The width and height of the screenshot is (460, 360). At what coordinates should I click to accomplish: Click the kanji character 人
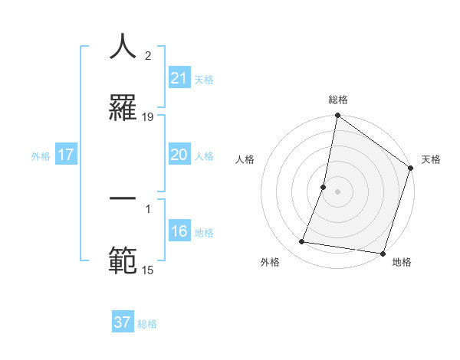[x=123, y=47]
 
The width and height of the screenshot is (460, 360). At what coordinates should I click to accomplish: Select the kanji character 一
[x=123, y=199]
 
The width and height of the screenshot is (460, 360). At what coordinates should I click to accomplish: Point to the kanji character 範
[x=123, y=260]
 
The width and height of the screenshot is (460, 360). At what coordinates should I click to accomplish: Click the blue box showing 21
[x=179, y=78]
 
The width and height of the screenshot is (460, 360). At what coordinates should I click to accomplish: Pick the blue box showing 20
[x=179, y=155]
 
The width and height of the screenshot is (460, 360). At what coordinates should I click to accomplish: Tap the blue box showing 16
[x=179, y=231]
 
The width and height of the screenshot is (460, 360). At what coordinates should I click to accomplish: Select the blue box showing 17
[x=66, y=155]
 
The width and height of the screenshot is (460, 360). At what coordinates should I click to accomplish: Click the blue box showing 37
[x=123, y=322]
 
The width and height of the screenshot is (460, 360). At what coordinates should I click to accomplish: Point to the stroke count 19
[x=148, y=116]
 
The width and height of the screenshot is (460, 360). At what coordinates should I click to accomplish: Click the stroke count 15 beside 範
[x=148, y=270]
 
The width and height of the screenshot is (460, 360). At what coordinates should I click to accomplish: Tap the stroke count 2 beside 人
[x=148, y=55]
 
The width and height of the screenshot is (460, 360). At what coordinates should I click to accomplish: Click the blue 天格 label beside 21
[x=204, y=80]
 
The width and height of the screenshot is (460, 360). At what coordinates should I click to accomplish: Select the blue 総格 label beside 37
[x=147, y=324]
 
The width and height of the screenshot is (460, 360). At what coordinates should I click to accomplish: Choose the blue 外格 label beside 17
[x=41, y=156]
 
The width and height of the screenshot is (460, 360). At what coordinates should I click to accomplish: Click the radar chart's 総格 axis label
[x=338, y=100]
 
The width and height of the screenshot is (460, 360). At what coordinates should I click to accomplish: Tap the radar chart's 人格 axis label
[x=245, y=160]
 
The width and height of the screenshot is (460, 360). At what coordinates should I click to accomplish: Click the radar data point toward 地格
[x=383, y=254]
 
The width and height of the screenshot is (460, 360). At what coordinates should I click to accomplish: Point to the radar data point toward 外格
[x=302, y=242]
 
